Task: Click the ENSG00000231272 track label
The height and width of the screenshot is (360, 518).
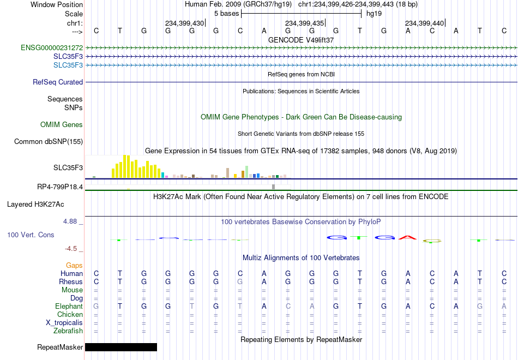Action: pos(52,48)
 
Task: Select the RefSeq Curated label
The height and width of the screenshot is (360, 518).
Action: pos(58,82)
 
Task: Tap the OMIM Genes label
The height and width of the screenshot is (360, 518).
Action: pos(62,124)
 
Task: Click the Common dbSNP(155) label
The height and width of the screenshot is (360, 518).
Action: pos(49,141)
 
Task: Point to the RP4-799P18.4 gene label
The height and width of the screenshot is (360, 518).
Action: pos(60,187)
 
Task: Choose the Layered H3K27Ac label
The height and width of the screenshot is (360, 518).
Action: pos(35,205)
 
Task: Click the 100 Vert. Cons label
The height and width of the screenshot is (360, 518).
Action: pos(31,235)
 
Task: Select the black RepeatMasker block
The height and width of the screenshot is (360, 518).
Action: pos(121,347)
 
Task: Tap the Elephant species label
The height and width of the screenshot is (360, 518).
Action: pos(69,307)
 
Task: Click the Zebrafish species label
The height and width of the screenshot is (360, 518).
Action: pos(68,331)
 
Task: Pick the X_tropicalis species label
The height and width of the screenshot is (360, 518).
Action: pos(64,323)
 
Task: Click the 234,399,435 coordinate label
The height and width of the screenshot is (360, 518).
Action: pos(304,23)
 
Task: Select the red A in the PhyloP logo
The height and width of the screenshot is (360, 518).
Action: pos(408,237)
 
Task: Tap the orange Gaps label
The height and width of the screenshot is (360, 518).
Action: pos(74,266)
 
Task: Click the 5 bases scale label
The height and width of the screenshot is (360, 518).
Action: pos(227,14)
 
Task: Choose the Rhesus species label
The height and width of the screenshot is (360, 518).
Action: pos(71,281)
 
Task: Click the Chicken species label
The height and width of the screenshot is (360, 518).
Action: pos(70,314)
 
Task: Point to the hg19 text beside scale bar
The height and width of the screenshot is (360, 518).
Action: pos(374,14)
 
